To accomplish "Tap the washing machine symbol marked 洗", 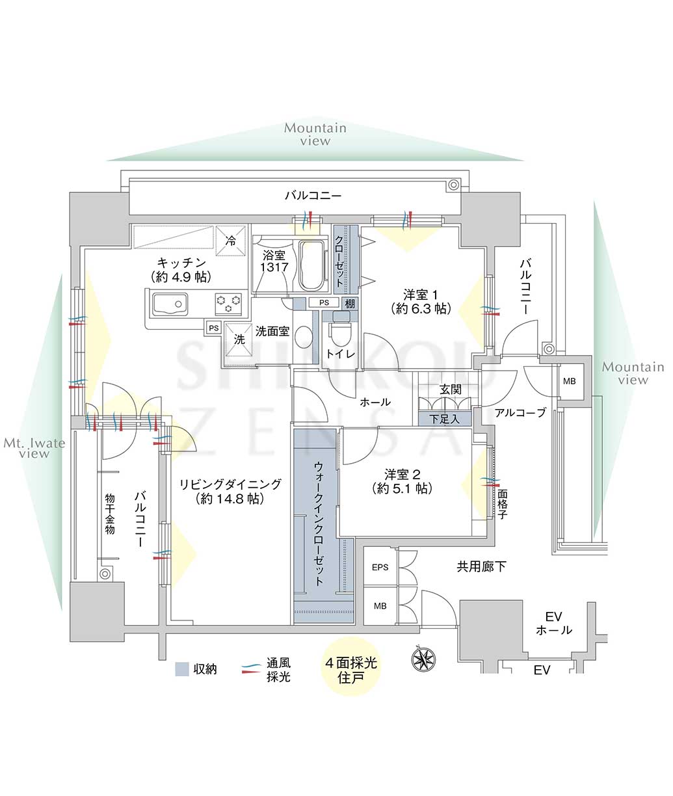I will [x=239, y=339].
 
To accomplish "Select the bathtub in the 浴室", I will [x=313, y=265].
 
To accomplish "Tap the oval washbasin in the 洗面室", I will [x=304, y=338].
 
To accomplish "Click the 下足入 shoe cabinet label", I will [x=445, y=419].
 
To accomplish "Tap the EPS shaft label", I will [x=380, y=567].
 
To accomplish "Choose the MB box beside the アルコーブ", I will [x=569, y=382].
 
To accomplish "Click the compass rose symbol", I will [x=423, y=659].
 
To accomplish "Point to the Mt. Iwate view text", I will [x=34, y=449].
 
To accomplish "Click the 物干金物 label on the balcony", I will [x=110, y=513].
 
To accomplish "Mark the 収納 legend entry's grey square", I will [x=182, y=669].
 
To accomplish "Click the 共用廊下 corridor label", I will [x=481, y=567].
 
